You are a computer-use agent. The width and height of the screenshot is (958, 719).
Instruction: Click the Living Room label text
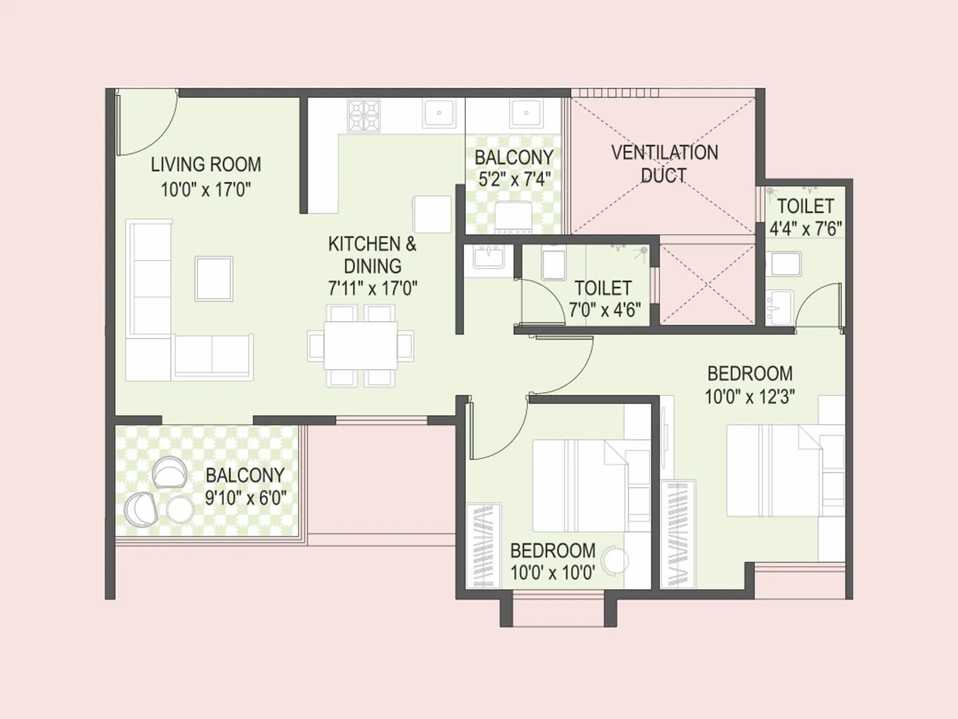click(205, 164)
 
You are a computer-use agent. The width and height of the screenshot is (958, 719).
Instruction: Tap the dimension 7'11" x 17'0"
click(372, 289)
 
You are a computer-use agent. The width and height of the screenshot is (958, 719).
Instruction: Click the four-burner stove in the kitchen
click(363, 116)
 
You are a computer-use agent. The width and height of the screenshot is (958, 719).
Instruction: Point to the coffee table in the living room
click(214, 279)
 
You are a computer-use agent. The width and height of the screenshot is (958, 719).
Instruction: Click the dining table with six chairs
click(360, 346)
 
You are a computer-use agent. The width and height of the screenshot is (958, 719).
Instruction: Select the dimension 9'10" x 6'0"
click(245, 498)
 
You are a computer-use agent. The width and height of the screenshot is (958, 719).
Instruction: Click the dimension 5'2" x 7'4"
click(514, 179)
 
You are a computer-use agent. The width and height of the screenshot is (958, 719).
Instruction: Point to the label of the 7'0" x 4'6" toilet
click(603, 288)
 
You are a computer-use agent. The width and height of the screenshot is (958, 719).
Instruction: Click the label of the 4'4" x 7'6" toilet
click(805, 206)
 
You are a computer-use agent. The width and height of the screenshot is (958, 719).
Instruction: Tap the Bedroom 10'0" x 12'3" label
click(750, 374)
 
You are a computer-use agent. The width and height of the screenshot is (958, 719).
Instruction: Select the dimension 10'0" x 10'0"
click(552, 573)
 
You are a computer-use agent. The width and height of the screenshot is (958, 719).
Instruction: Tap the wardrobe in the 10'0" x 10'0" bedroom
click(483, 545)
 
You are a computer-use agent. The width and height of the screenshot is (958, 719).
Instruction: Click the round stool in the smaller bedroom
click(615, 560)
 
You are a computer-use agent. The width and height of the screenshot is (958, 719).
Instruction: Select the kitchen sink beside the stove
click(439, 113)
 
